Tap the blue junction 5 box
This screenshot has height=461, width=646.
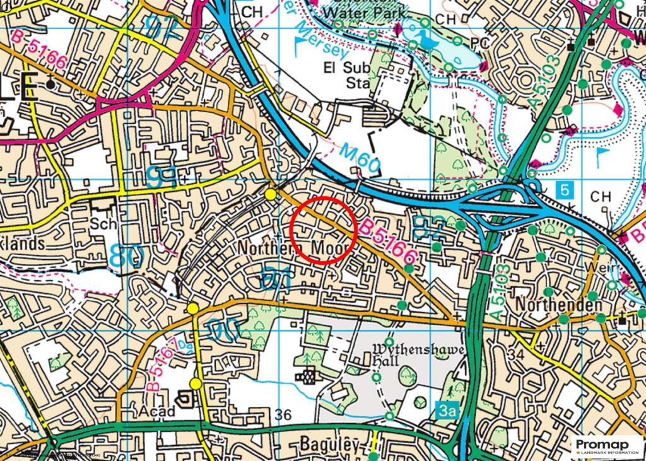pyautogui.click(x=564, y=188)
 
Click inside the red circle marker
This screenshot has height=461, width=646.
pyautogui.click(x=324, y=230)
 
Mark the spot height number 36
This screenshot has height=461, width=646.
pyautogui.click(x=284, y=414)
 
